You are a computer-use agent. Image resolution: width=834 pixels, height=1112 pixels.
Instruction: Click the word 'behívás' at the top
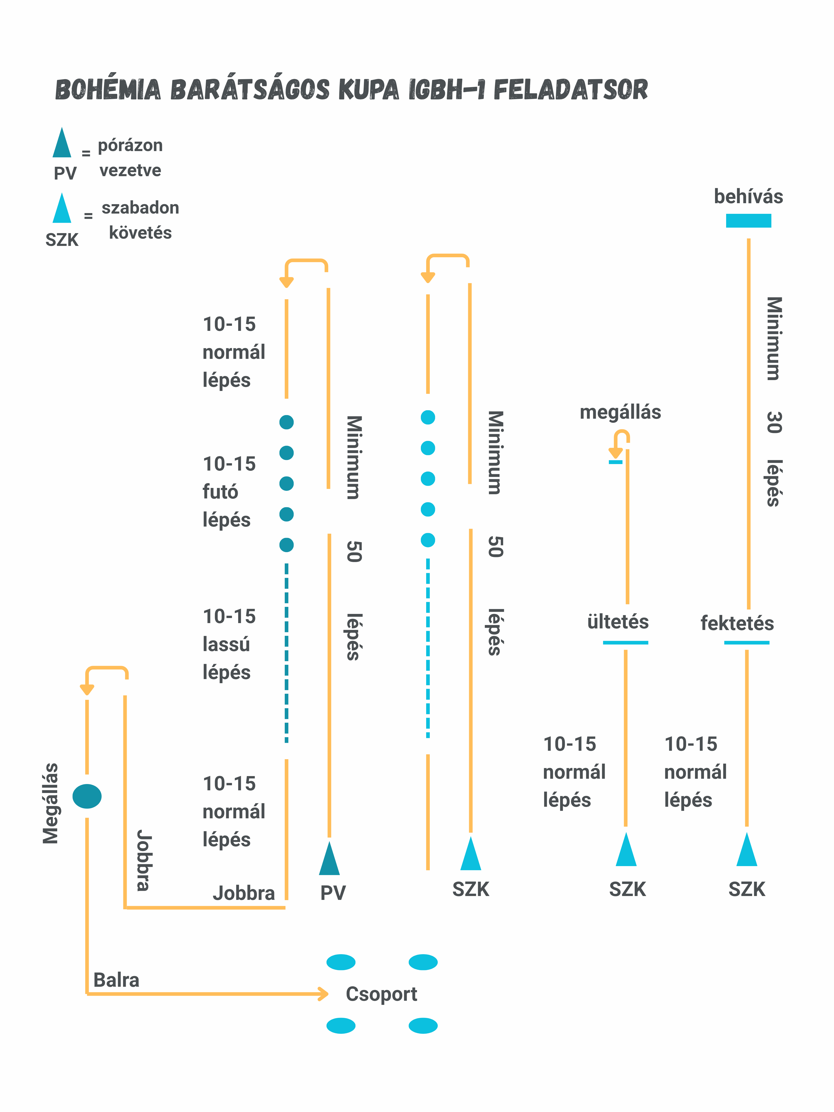tap(748, 197)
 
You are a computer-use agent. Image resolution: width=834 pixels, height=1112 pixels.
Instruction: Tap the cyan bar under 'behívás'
tap(748, 221)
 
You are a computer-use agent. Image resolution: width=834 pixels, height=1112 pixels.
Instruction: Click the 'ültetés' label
tap(618, 622)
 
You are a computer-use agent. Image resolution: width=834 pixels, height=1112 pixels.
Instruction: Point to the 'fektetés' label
tap(737, 623)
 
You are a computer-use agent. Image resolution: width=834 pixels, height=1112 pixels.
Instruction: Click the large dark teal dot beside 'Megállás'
tap(87, 796)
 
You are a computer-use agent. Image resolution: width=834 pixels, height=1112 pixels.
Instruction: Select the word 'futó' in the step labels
tap(220, 492)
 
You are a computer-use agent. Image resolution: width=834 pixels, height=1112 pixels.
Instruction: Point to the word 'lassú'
tap(226, 644)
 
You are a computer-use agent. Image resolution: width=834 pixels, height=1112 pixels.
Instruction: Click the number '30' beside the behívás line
tap(774, 422)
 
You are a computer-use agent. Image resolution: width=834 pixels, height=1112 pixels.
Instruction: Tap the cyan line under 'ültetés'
tap(625, 642)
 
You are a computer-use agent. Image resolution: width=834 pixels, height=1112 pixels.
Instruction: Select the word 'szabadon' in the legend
tap(140, 208)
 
